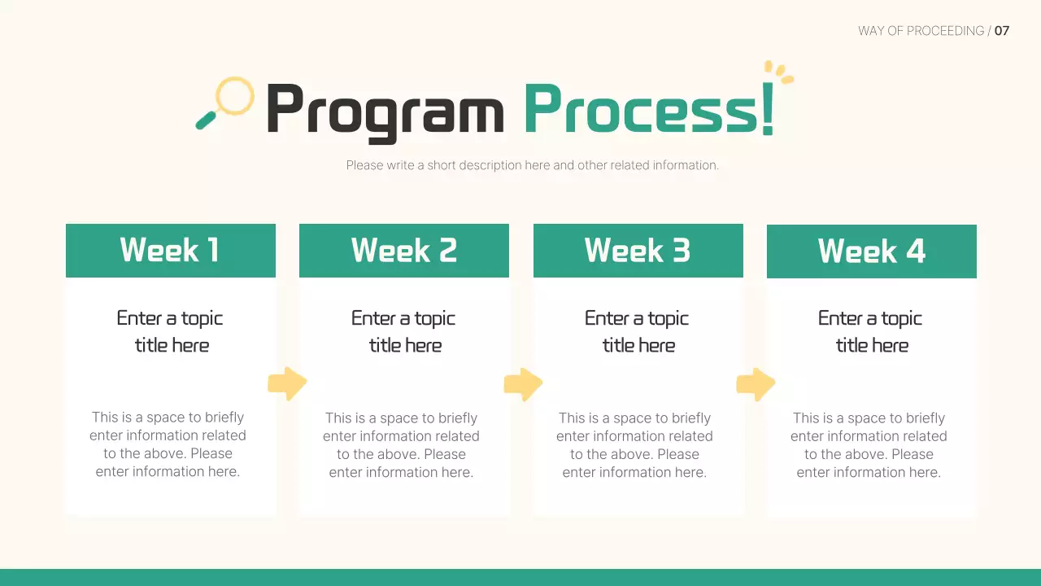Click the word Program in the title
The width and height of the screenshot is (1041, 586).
point(385,112)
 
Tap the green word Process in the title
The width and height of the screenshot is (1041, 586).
point(642,109)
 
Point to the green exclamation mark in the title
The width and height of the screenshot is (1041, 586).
point(768,109)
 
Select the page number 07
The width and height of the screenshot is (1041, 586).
point(1001,31)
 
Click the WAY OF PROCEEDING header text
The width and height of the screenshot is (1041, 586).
point(921,31)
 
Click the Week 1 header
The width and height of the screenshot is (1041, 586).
point(171,251)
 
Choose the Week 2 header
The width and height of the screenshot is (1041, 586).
point(404,251)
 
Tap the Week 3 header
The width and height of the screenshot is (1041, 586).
point(638,251)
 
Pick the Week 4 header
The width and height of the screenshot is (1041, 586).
point(871,251)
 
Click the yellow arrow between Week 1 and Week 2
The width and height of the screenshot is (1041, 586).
point(287,383)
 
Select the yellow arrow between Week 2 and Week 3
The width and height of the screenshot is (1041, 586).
point(523,384)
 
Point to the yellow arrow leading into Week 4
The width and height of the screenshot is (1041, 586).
point(756,384)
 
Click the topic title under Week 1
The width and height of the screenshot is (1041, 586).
point(170,331)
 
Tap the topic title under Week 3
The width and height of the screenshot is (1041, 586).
point(637,331)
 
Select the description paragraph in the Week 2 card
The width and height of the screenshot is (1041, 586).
point(401,445)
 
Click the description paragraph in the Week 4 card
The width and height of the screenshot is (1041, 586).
point(869,445)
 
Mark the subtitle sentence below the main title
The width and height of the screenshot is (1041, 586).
point(533,165)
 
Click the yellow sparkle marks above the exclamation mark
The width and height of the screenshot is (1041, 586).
point(779,72)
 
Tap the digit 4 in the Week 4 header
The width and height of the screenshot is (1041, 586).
point(916,251)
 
